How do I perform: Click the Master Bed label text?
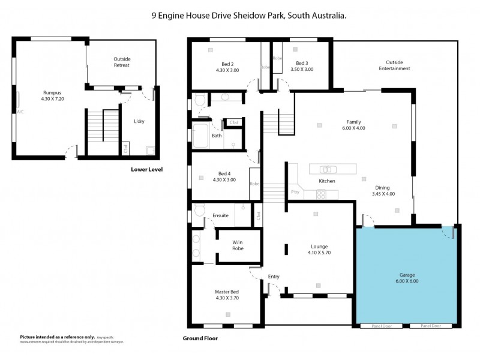point(226,292)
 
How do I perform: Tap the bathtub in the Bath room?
point(200,136)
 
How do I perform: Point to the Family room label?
point(353,122)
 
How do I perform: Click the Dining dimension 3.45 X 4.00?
point(383,194)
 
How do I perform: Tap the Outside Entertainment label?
point(394,65)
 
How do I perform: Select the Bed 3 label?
point(301,64)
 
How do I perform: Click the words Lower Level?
point(146,169)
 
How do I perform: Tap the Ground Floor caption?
point(200,338)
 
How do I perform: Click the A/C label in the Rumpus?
point(20,112)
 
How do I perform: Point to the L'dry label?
point(139,121)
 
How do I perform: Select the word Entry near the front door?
point(274,277)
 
